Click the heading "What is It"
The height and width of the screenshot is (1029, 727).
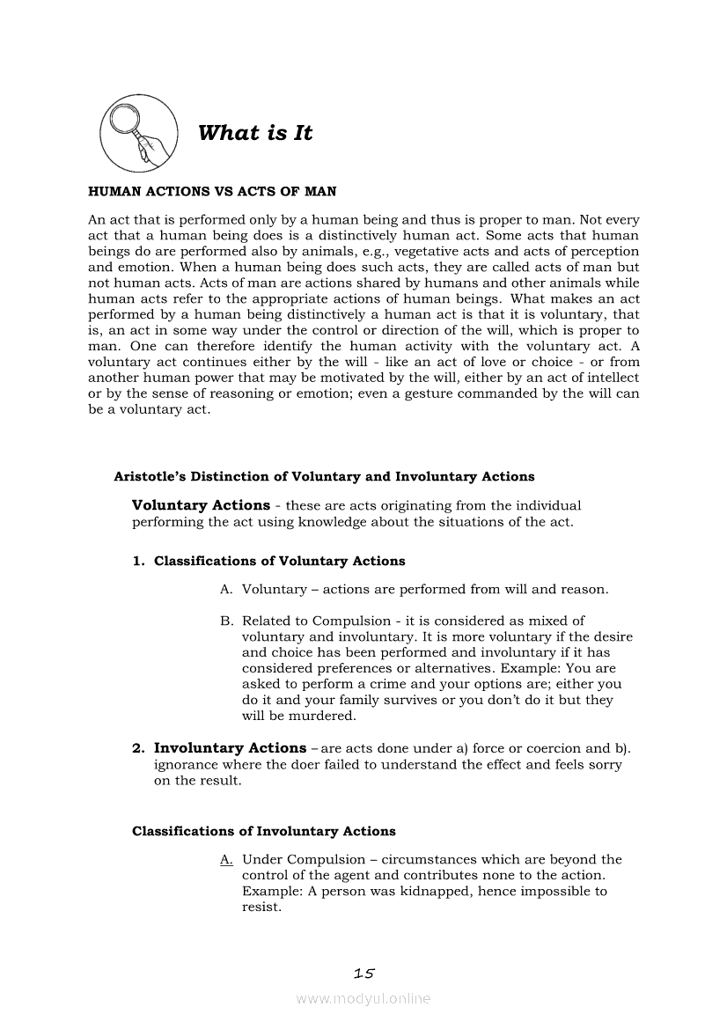click(255, 134)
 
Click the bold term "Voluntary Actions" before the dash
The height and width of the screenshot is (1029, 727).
click(201, 505)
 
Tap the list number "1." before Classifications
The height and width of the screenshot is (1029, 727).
click(139, 561)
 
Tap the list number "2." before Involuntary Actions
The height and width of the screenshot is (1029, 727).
click(139, 749)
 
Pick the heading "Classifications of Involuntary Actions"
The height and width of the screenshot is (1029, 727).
click(264, 831)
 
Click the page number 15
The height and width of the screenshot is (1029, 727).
click(363, 973)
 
